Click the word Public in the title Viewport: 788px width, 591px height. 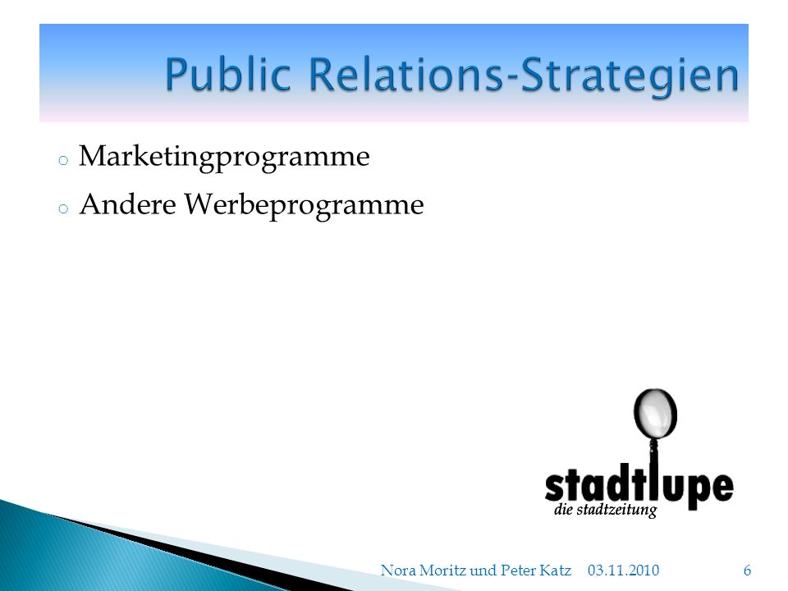click(228, 76)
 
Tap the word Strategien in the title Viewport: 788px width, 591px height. click(630, 77)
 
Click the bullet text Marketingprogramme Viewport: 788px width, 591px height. click(224, 158)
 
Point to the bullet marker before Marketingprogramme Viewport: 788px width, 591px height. click(63, 161)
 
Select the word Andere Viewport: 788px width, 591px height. click(128, 204)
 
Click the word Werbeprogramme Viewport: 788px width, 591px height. click(304, 205)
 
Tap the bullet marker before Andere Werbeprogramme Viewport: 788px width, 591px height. click(63, 208)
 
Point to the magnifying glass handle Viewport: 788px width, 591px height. click(654, 467)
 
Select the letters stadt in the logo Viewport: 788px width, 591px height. click(597, 484)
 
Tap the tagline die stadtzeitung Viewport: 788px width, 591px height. click(605, 510)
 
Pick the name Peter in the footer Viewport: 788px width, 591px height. click(518, 570)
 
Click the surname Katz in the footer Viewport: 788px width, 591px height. click(555, 570)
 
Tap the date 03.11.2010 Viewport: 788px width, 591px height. click(623, 570)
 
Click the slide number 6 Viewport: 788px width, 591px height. click(747, 570)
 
